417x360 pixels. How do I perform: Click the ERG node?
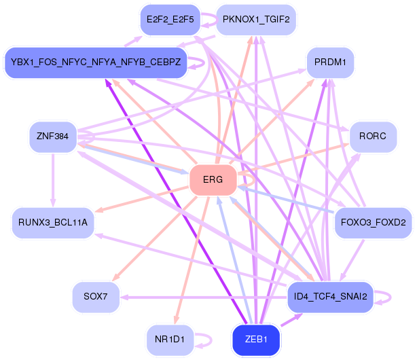pyautogui.click(x=213, y=180)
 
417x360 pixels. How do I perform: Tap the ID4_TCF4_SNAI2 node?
pyautogui.click(x=331, y=297)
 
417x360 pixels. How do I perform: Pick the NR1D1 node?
pyautogui.click(x=170, y=340)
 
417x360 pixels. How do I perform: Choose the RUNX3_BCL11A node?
pyautogui.click(x=53, y=223)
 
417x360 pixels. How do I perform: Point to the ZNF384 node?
pyautogui.click(x=52, y=137)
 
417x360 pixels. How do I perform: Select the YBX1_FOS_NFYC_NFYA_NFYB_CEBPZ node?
pyautogui.click(x=96, y=62)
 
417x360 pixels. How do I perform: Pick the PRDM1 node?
pyautogui.click(x=330, y=62)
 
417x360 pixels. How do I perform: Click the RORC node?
pyautogui.click(x=373, y=137)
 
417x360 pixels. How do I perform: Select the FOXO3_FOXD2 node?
pyautogui.click(x=373, y=223)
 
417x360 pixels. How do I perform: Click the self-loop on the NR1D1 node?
pyautogui.click(x=208, y=340)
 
